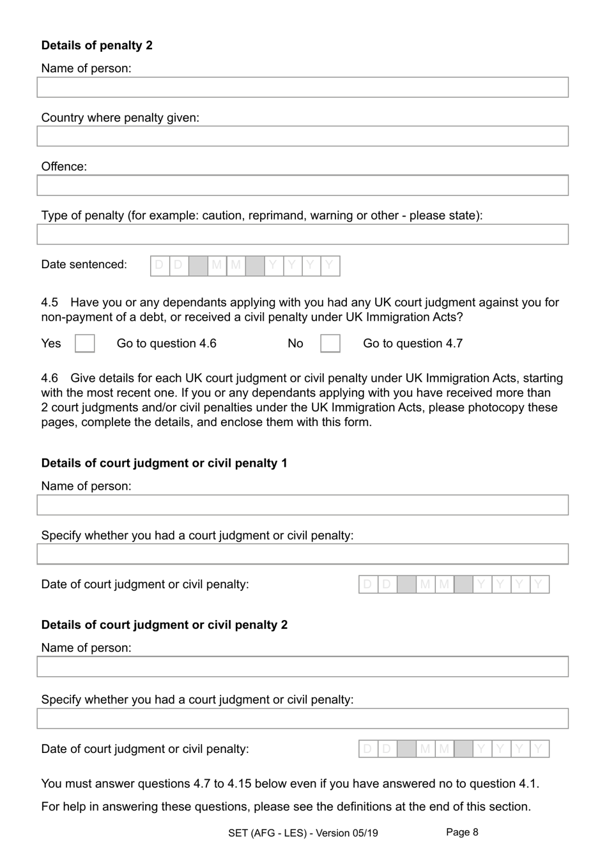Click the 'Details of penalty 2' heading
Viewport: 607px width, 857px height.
click(x=96, y=45)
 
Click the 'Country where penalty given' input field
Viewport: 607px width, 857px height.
click(x=302, y=136)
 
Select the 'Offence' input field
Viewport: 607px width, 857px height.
click(x=302, y=185)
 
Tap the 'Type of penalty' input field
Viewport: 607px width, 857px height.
click(x=302, y=234)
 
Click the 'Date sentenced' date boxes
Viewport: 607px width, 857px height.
click(x=245, y=266)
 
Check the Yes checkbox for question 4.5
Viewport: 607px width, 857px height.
click(x=84, y=344)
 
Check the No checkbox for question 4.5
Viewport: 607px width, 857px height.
click(x=330, y=344)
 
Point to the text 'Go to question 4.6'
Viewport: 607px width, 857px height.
click(x=166, y=344)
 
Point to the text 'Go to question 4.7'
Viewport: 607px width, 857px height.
click(x=412, y=344)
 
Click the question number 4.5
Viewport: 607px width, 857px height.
click(x=49, y=302)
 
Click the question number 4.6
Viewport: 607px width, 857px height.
click(x=49, y=378)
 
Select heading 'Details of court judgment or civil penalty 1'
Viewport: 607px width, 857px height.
click(x=164, y=463)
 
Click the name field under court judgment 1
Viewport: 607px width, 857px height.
click(x=302, y=505)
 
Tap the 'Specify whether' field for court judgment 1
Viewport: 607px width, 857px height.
click(x=302, y=554)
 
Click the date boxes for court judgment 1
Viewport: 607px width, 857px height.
click(x=454, y=584)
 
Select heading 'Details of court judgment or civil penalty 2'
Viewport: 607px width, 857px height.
click(x=164, y=625)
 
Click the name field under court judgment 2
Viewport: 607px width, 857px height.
click(x=302, y=667)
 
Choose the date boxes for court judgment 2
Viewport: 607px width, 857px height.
click(x=454, y=749)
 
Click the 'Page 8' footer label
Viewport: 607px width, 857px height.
click(x=461, y=832)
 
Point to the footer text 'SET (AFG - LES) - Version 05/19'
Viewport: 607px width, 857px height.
click(x=303, y=833)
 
